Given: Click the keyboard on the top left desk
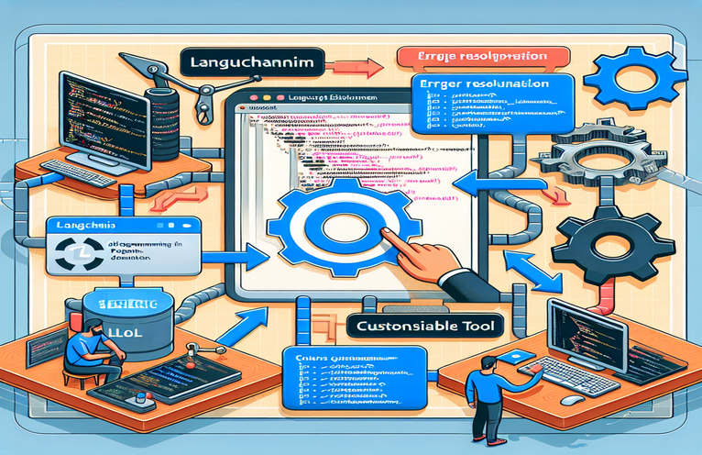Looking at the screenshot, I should point(79,171).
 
